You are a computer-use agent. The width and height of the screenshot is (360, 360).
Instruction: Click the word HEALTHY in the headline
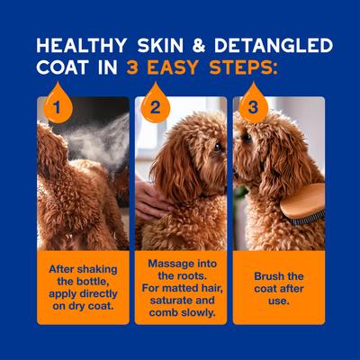click(x=78, y=45)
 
